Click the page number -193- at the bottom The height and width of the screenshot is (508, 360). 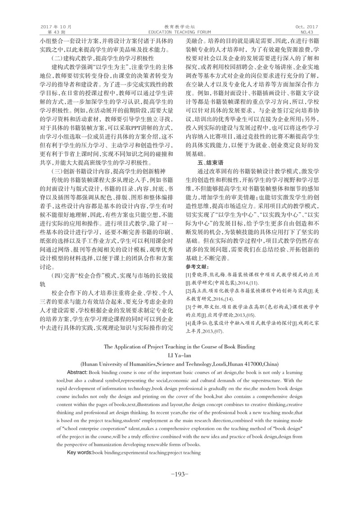[180, 474]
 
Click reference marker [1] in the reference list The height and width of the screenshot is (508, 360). [189, 274]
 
